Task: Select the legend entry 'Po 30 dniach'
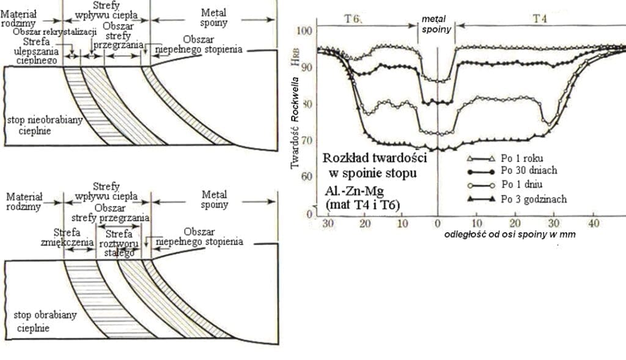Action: (529, 171)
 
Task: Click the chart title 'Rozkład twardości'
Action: (374, 158)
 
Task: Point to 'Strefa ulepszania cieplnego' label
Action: (39, 51)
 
